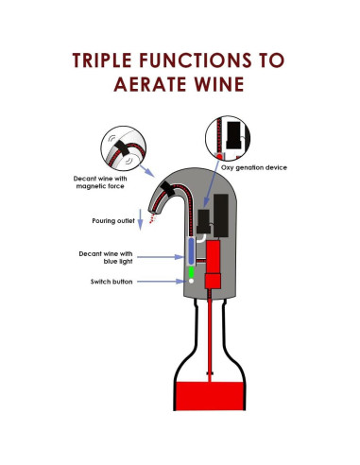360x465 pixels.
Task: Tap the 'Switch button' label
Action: pyautogui.click(x=104, y=282)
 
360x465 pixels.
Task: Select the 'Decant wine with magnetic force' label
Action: pyautogui.click(x=100, y=181)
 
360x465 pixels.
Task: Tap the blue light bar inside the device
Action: pyautogui.click(x=189, y=250)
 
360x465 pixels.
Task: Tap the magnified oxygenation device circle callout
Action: pyautogui.click(x=231, y=135)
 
